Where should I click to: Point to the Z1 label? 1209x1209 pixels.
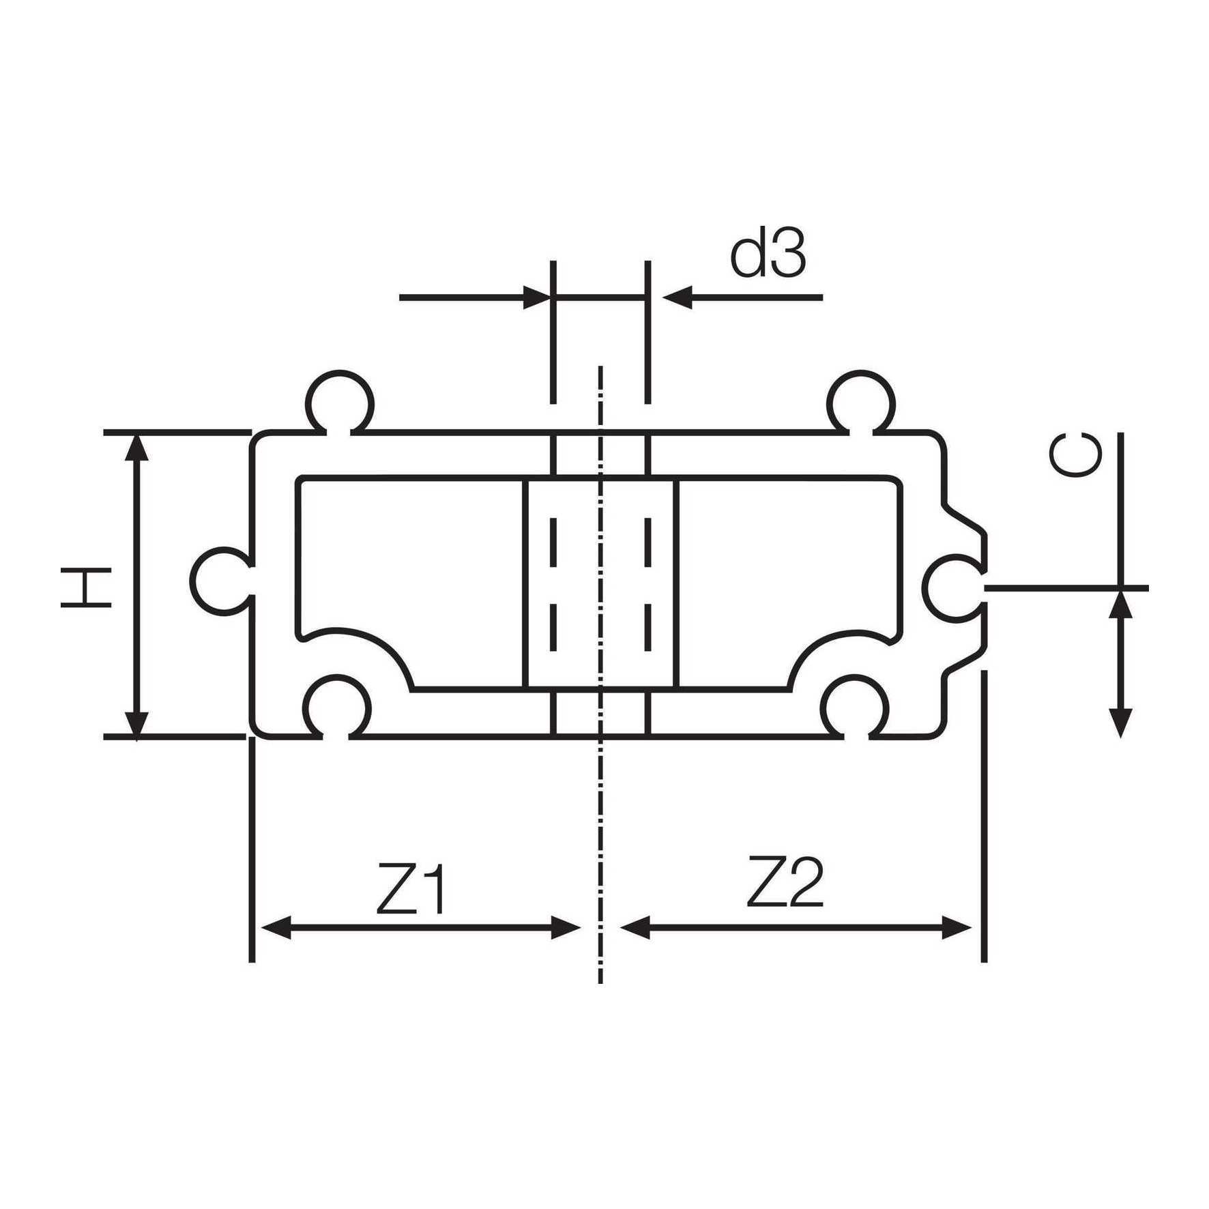[x=411, y=890]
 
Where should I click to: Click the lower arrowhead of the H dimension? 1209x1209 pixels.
[x=137, y=723]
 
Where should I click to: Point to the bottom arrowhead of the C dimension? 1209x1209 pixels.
[x=1120, y=723]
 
